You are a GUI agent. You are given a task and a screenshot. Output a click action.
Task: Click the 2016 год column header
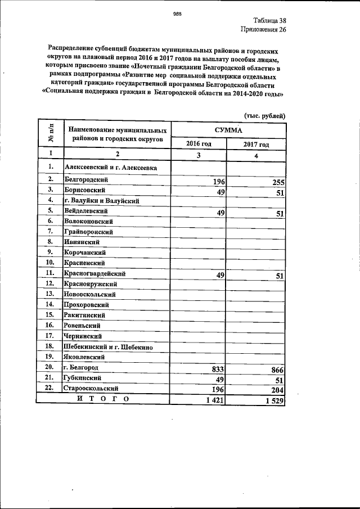point(199,144)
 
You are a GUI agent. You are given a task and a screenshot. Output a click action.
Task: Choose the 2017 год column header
point(256,145)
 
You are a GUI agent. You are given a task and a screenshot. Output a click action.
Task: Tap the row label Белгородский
point(86,179)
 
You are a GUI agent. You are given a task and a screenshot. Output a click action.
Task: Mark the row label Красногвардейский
point(94,273)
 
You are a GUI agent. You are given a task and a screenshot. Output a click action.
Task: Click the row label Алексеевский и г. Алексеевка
point(110,167)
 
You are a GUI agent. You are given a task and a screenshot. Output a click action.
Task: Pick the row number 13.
point(50,294)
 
